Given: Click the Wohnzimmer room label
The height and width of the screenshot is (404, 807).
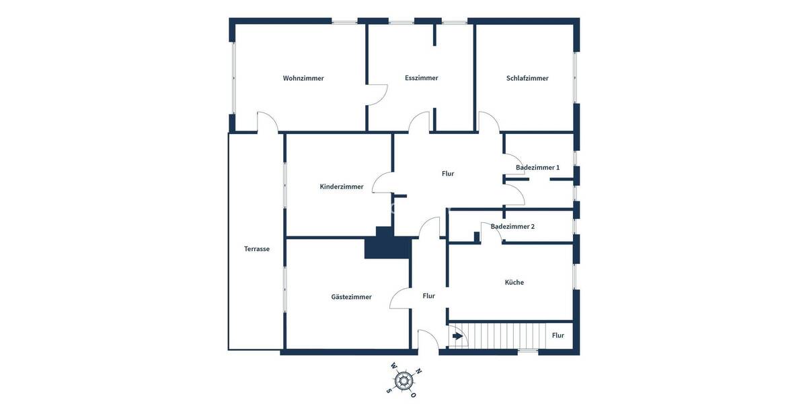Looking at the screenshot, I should pos(303,78).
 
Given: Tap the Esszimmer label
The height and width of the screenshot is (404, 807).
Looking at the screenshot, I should pos(422,78).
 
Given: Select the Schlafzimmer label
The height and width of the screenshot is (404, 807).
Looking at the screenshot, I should pos(527,78).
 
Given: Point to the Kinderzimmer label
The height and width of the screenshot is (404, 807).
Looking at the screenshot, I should pos(342,187).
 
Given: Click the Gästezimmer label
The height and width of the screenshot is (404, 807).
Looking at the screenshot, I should pos(351,297).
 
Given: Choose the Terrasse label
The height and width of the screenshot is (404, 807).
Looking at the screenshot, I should pos(257,248).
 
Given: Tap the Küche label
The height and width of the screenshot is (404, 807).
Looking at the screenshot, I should pos(514,282).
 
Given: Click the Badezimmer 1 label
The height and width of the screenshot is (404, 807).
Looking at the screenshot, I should pos(537,167).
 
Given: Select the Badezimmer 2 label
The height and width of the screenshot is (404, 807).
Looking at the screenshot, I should pos(512,226).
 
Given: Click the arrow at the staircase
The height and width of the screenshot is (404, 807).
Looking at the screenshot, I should pos(457,336).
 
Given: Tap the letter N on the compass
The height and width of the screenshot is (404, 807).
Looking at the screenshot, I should pos(418,371).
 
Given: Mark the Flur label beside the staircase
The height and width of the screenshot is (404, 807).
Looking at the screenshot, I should pos(558,335).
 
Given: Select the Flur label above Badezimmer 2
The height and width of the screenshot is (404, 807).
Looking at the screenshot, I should pos(448,174).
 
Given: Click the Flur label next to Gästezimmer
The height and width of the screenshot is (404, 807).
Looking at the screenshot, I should pos(429,296).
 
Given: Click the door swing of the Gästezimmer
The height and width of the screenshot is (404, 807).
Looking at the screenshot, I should pos(399,298).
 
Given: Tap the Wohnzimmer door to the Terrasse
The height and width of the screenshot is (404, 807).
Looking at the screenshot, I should pos(267,122).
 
